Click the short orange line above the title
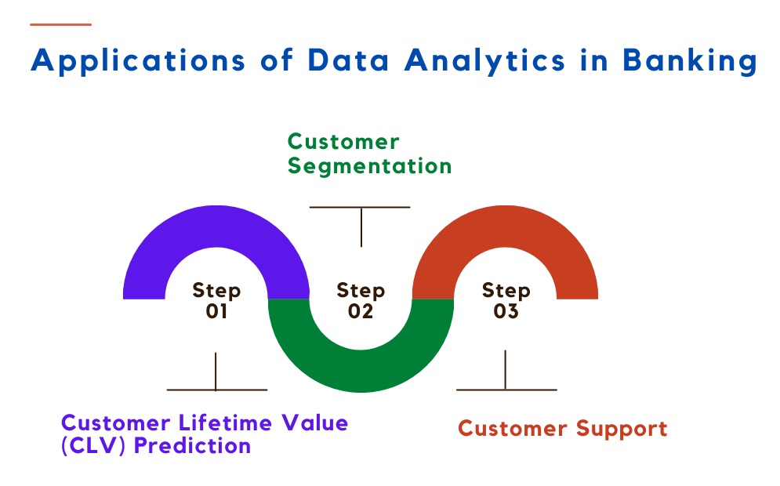pos(60,24)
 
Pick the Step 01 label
pos(216,300)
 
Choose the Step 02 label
pos(361,300)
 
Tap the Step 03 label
pos(506,300)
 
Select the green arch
pos(361,371)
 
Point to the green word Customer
pos(343,142)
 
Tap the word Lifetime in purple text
pos(225,423)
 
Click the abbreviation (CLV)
pos(93,446)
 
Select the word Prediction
pos(193,446)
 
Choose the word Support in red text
pos(622,429)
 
